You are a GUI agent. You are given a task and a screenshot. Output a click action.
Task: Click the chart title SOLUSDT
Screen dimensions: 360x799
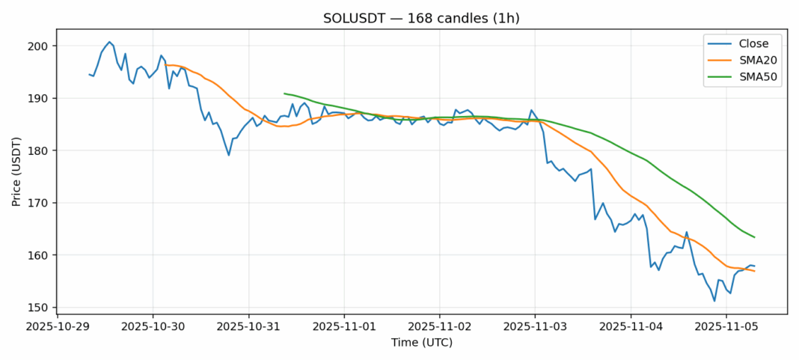click(x=422, y=18)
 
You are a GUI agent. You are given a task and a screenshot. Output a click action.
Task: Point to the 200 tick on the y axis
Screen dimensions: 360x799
click(x=38, y=46)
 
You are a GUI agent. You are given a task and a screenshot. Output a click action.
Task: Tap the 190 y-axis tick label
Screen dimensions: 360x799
click(x=38, y=99)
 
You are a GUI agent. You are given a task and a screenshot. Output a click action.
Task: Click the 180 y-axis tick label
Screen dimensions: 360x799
click(x=38, y=150)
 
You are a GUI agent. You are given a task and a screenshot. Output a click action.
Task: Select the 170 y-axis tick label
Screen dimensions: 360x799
click(x=38, y=203)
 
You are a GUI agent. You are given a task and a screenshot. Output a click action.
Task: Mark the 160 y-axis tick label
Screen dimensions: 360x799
click(x=38, y=255)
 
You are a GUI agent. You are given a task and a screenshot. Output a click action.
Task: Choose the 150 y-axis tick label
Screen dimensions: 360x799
click(x=38, y=308)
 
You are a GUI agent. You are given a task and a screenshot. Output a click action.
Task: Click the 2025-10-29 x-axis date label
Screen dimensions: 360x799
click(x=58, y=326)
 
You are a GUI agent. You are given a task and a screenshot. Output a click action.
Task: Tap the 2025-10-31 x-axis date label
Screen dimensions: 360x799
click(x=248, y=326)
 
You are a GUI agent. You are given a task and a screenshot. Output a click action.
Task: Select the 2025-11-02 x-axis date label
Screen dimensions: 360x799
click(x=439, y=326)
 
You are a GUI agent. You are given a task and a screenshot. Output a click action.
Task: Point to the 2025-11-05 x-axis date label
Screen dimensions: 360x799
click(x=726, y=326)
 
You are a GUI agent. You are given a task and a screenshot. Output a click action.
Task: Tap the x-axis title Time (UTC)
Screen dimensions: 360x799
click(x=422, y=343)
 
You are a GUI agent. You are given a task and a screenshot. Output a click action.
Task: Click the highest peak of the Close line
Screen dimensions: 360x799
click(x=109, y=42)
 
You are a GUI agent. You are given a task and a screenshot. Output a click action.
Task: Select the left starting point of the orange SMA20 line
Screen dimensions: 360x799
click(x=165, y=65)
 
